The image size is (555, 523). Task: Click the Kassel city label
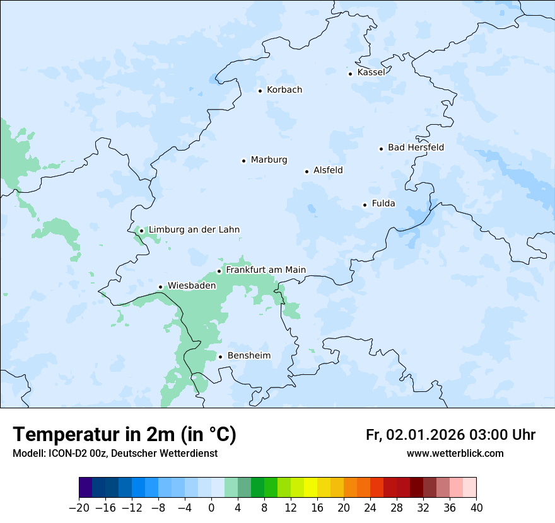point(371,72)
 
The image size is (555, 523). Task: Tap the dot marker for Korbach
point(260,91)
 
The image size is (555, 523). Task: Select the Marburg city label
point(269,160)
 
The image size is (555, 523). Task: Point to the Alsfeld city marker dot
point(307,171)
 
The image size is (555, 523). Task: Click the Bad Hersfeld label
point(416,147)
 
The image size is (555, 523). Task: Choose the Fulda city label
point(383,204)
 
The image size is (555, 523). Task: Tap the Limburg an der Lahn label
point(194,230)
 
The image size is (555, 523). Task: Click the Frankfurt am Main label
point(266,270)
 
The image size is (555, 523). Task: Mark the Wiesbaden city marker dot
point(161,287)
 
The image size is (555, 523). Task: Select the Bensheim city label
point(248,355)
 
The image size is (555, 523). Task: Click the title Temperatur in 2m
point(124,434)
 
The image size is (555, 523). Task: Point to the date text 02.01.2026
point(425,435)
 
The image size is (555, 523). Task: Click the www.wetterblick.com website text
point(455,453)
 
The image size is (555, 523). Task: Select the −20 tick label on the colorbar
point(79,508)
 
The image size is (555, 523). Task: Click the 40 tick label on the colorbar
point(476,508)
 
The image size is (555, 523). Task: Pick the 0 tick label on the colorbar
point(211,508)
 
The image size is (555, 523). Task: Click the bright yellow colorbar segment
point(310,488)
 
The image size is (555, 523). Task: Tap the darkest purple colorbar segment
point(86,488)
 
